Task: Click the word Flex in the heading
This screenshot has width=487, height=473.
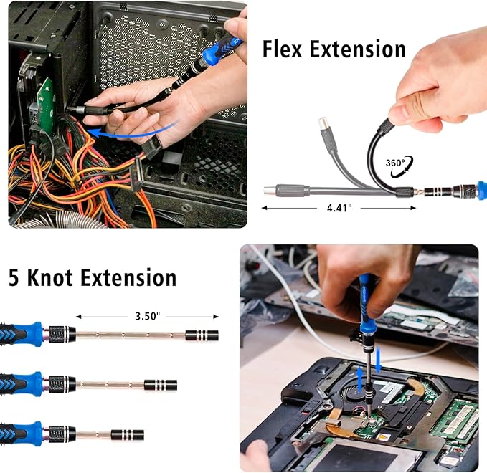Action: coord(282,49)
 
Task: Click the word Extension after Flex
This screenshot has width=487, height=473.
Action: coord(357,49)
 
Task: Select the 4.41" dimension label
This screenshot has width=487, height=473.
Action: coord(339,208)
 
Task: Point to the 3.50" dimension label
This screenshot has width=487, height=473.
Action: coord(148,316)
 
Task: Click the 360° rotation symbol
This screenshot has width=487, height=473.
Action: coord(400,167)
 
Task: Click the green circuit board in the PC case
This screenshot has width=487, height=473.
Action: coord(47,102)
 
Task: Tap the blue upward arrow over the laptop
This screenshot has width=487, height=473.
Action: coord(359,378)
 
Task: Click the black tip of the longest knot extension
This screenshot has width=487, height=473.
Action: coord(202,335)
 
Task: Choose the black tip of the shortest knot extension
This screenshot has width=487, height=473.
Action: coord(128,435)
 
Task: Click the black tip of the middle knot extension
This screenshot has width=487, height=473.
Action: coord(161,385)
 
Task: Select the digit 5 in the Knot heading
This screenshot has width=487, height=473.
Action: coord(14,277)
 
